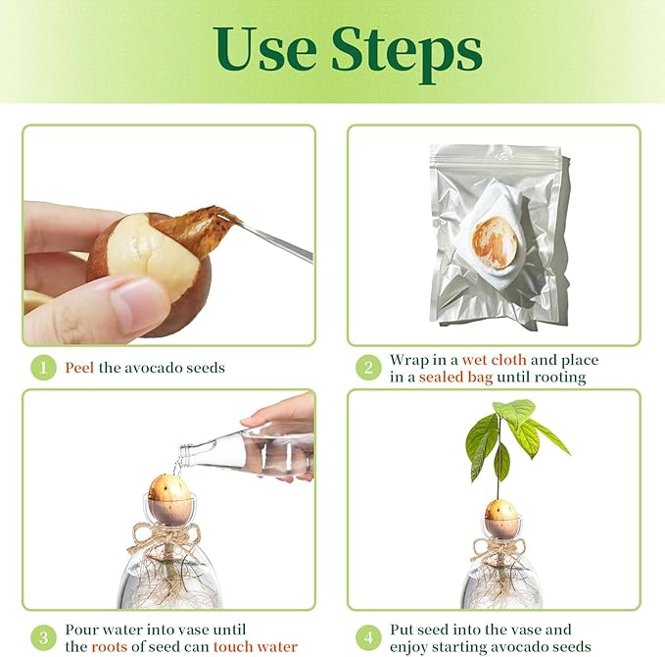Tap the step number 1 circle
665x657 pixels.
click(42, 369)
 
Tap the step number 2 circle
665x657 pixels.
click(368, 369)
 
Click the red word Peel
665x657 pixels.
click(80, 369)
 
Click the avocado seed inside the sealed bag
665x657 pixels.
click(494, 242)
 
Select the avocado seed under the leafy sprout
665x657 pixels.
click(500, 511)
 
